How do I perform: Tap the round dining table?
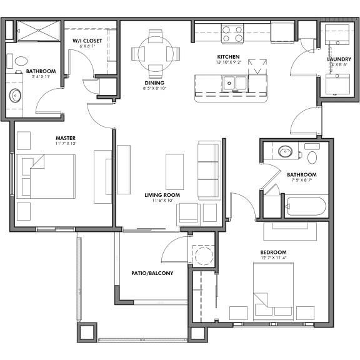coord(156,52)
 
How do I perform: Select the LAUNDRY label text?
coord(339,59)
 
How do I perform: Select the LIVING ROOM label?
coord(162,195)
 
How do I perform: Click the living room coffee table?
coord(174,171)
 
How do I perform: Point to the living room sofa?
coord(209,170)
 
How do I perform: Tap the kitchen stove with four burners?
coord(232,32)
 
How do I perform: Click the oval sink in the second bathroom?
coord(286,151)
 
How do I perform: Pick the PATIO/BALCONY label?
coord(152,273)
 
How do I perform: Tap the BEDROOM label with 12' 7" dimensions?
coord(273,252)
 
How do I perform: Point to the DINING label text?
coord(154,82)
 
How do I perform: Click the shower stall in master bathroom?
coord(37,30)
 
